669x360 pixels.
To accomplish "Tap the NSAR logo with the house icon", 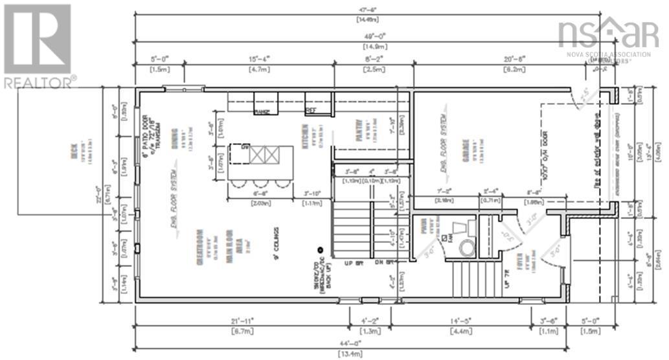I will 607,33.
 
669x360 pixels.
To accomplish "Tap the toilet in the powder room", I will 466,247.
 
